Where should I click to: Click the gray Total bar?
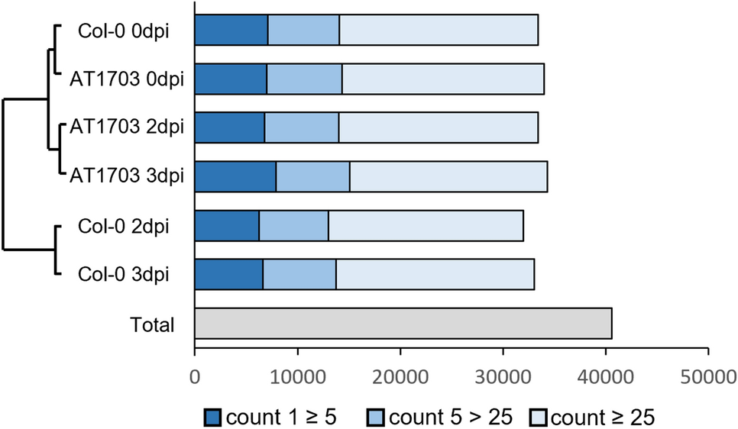(403, 324)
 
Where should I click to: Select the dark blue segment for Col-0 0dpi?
(231, 30)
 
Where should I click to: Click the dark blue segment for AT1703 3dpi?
(235, 176)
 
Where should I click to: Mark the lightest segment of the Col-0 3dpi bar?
(435, 274)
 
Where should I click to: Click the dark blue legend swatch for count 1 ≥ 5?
(212, 417)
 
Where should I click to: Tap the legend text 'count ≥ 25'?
(603, 417)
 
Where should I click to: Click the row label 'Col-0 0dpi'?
(123, 31)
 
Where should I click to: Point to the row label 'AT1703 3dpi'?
(127, 177)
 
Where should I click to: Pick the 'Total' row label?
(151, 324)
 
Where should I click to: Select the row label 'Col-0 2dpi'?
(123, 227)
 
